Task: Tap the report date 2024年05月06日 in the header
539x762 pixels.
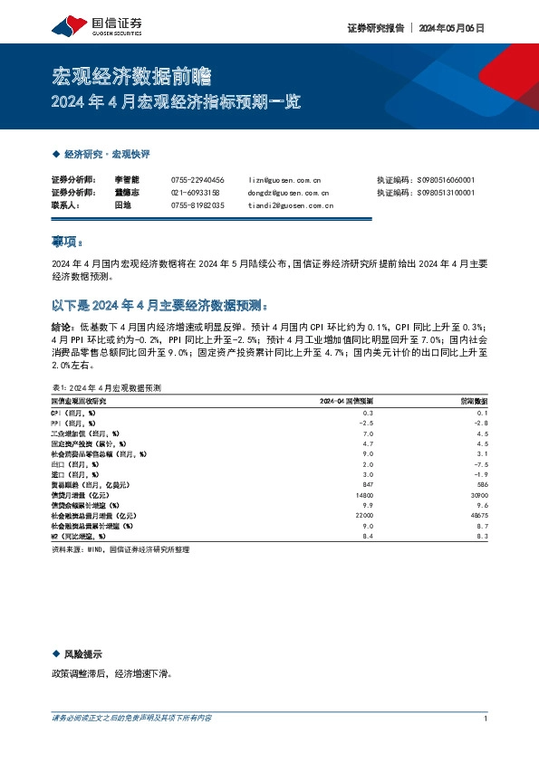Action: coord(452,28)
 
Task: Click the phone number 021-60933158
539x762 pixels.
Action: coord(197,193)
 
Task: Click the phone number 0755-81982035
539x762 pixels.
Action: coord(197,205)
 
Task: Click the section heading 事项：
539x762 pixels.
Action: coord(67,243)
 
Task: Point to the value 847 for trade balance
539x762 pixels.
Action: coord(367,485)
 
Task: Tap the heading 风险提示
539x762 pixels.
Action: coord(82,653)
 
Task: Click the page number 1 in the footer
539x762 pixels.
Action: coord(486,719)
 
